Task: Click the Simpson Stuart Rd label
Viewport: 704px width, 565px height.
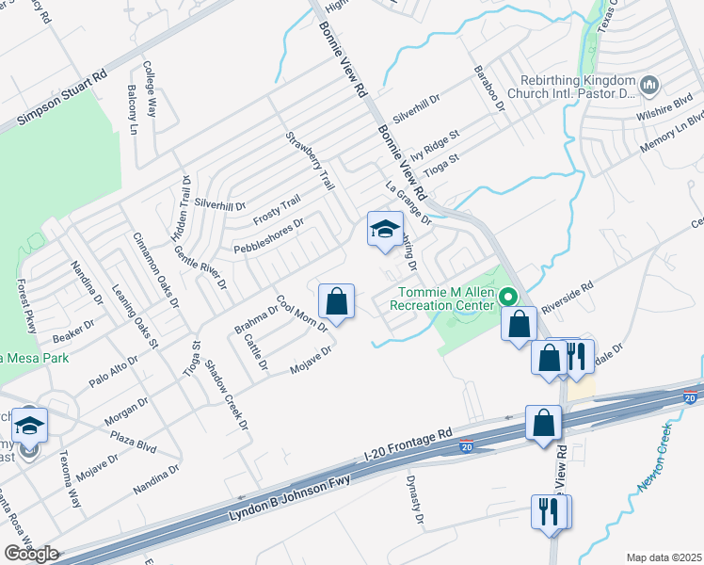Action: tap(62, 101)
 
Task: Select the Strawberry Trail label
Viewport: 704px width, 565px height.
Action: tap(311, 161)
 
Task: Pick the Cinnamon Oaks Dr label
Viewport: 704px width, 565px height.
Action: tap(155, 269)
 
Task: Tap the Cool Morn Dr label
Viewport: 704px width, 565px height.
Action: tap(300, 315)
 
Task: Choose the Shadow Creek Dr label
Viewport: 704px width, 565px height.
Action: tap(227, 395)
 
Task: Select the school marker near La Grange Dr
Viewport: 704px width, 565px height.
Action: tap(384, 229)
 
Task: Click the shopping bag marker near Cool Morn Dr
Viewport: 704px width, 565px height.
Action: tap(336, 301)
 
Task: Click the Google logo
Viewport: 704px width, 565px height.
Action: tap(31, 554)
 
